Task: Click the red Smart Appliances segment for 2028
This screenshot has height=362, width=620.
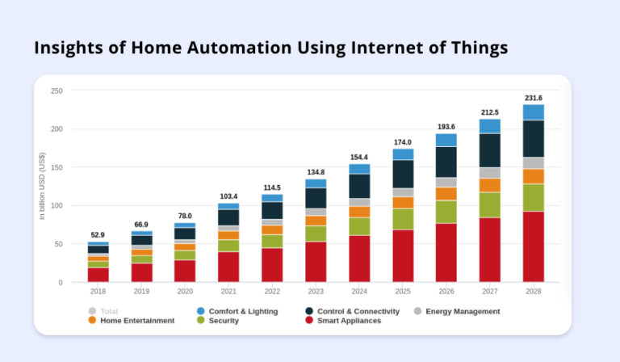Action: click(533, 246)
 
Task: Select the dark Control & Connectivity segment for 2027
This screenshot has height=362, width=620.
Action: click(489, 150)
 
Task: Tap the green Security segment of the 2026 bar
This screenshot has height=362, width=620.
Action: click(446, 211)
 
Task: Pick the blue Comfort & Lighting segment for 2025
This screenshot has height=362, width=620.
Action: click(402, 154)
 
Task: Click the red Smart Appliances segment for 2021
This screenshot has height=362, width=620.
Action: click(228, 267)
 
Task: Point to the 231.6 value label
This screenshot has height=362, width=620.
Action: click(533, 98)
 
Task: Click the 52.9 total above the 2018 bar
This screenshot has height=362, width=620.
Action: click(98, 235)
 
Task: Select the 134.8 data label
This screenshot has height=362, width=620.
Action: click(316, 172)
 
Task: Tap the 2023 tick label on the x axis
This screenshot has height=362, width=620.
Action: click(316, 291)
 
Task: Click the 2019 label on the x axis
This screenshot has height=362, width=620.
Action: click(141, 291)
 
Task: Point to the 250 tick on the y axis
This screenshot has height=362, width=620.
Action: click(57, 90)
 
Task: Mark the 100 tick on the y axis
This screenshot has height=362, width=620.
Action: click(57, 206)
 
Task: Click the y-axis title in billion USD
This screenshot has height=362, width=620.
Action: click(42, 186)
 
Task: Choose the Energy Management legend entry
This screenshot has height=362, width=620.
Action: click(461, 311)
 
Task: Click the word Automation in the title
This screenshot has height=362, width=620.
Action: click(218, 48)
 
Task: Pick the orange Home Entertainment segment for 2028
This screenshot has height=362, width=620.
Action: click(533, 176)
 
